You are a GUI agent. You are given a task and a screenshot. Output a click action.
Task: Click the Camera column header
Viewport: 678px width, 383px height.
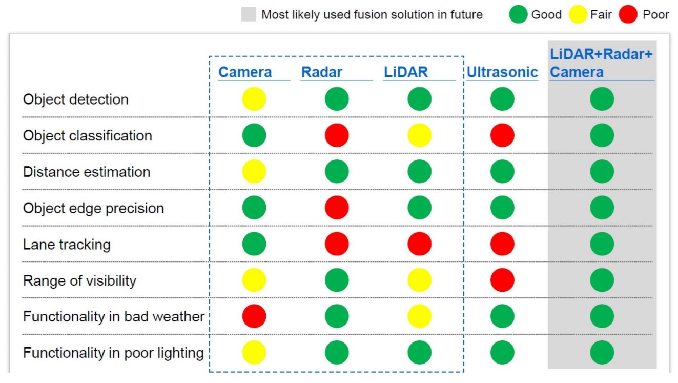pos(245,72)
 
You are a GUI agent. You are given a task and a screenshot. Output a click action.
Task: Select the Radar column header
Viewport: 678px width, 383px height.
pos(321,72)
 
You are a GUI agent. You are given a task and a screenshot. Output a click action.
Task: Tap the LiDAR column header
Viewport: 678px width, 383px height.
pos(405,72)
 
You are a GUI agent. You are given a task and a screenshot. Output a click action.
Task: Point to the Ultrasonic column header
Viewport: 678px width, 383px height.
pos(502,72)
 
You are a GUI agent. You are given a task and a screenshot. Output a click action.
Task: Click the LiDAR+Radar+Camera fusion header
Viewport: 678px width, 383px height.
pos(601,63)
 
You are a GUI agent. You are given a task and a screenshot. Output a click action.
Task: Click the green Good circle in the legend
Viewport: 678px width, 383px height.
pos(518,14)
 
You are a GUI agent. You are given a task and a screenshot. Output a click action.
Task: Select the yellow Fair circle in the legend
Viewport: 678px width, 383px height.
pos(578,14)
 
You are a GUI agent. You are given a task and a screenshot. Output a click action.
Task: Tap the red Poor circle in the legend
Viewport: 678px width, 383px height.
pos(628,14)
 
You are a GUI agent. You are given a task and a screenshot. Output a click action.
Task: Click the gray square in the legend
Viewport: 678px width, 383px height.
pos(249,14)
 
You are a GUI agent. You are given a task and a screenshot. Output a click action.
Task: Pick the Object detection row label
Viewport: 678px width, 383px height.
pos(76,99)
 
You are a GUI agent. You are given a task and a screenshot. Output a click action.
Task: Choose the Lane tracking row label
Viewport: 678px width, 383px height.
pos(67,245)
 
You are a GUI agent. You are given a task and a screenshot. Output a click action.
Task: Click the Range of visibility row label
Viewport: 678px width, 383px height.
pos(79,280)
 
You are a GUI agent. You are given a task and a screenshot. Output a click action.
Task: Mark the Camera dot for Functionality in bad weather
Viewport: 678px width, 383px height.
pos(254,316)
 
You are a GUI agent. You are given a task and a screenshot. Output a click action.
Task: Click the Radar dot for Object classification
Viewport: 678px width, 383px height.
pos(337,135)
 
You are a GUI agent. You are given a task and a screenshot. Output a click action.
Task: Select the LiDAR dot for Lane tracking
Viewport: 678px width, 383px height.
pos(419,244)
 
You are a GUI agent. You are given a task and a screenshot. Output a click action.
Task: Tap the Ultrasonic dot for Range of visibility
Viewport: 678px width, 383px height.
pos(502,280)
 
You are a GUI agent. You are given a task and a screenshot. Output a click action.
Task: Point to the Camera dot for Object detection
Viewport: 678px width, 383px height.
pos(254,99)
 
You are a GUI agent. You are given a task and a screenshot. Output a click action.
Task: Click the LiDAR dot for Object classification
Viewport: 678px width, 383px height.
pos(419,135)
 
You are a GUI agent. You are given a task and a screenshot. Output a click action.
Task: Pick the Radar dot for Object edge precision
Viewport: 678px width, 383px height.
pos(337,208)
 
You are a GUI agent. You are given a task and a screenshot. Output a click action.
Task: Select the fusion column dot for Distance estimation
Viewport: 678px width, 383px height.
pos(602,171)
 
